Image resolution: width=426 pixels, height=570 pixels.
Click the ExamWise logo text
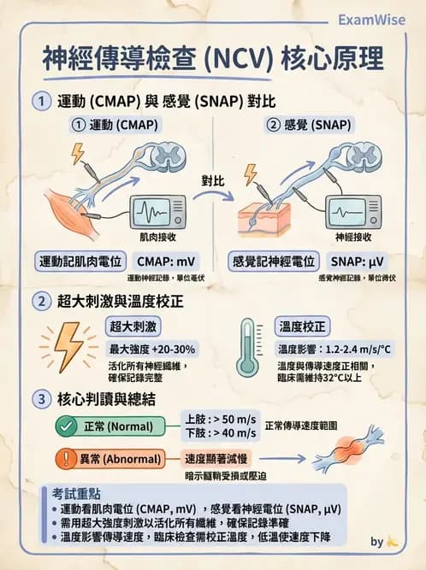[373, 19]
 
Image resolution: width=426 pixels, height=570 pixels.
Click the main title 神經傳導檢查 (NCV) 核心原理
[213, 59]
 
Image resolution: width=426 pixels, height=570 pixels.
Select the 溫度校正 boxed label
[302, 326]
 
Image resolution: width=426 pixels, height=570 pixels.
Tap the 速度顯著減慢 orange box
[221, 458]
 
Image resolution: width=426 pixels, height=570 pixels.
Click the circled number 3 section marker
[40, 397]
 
